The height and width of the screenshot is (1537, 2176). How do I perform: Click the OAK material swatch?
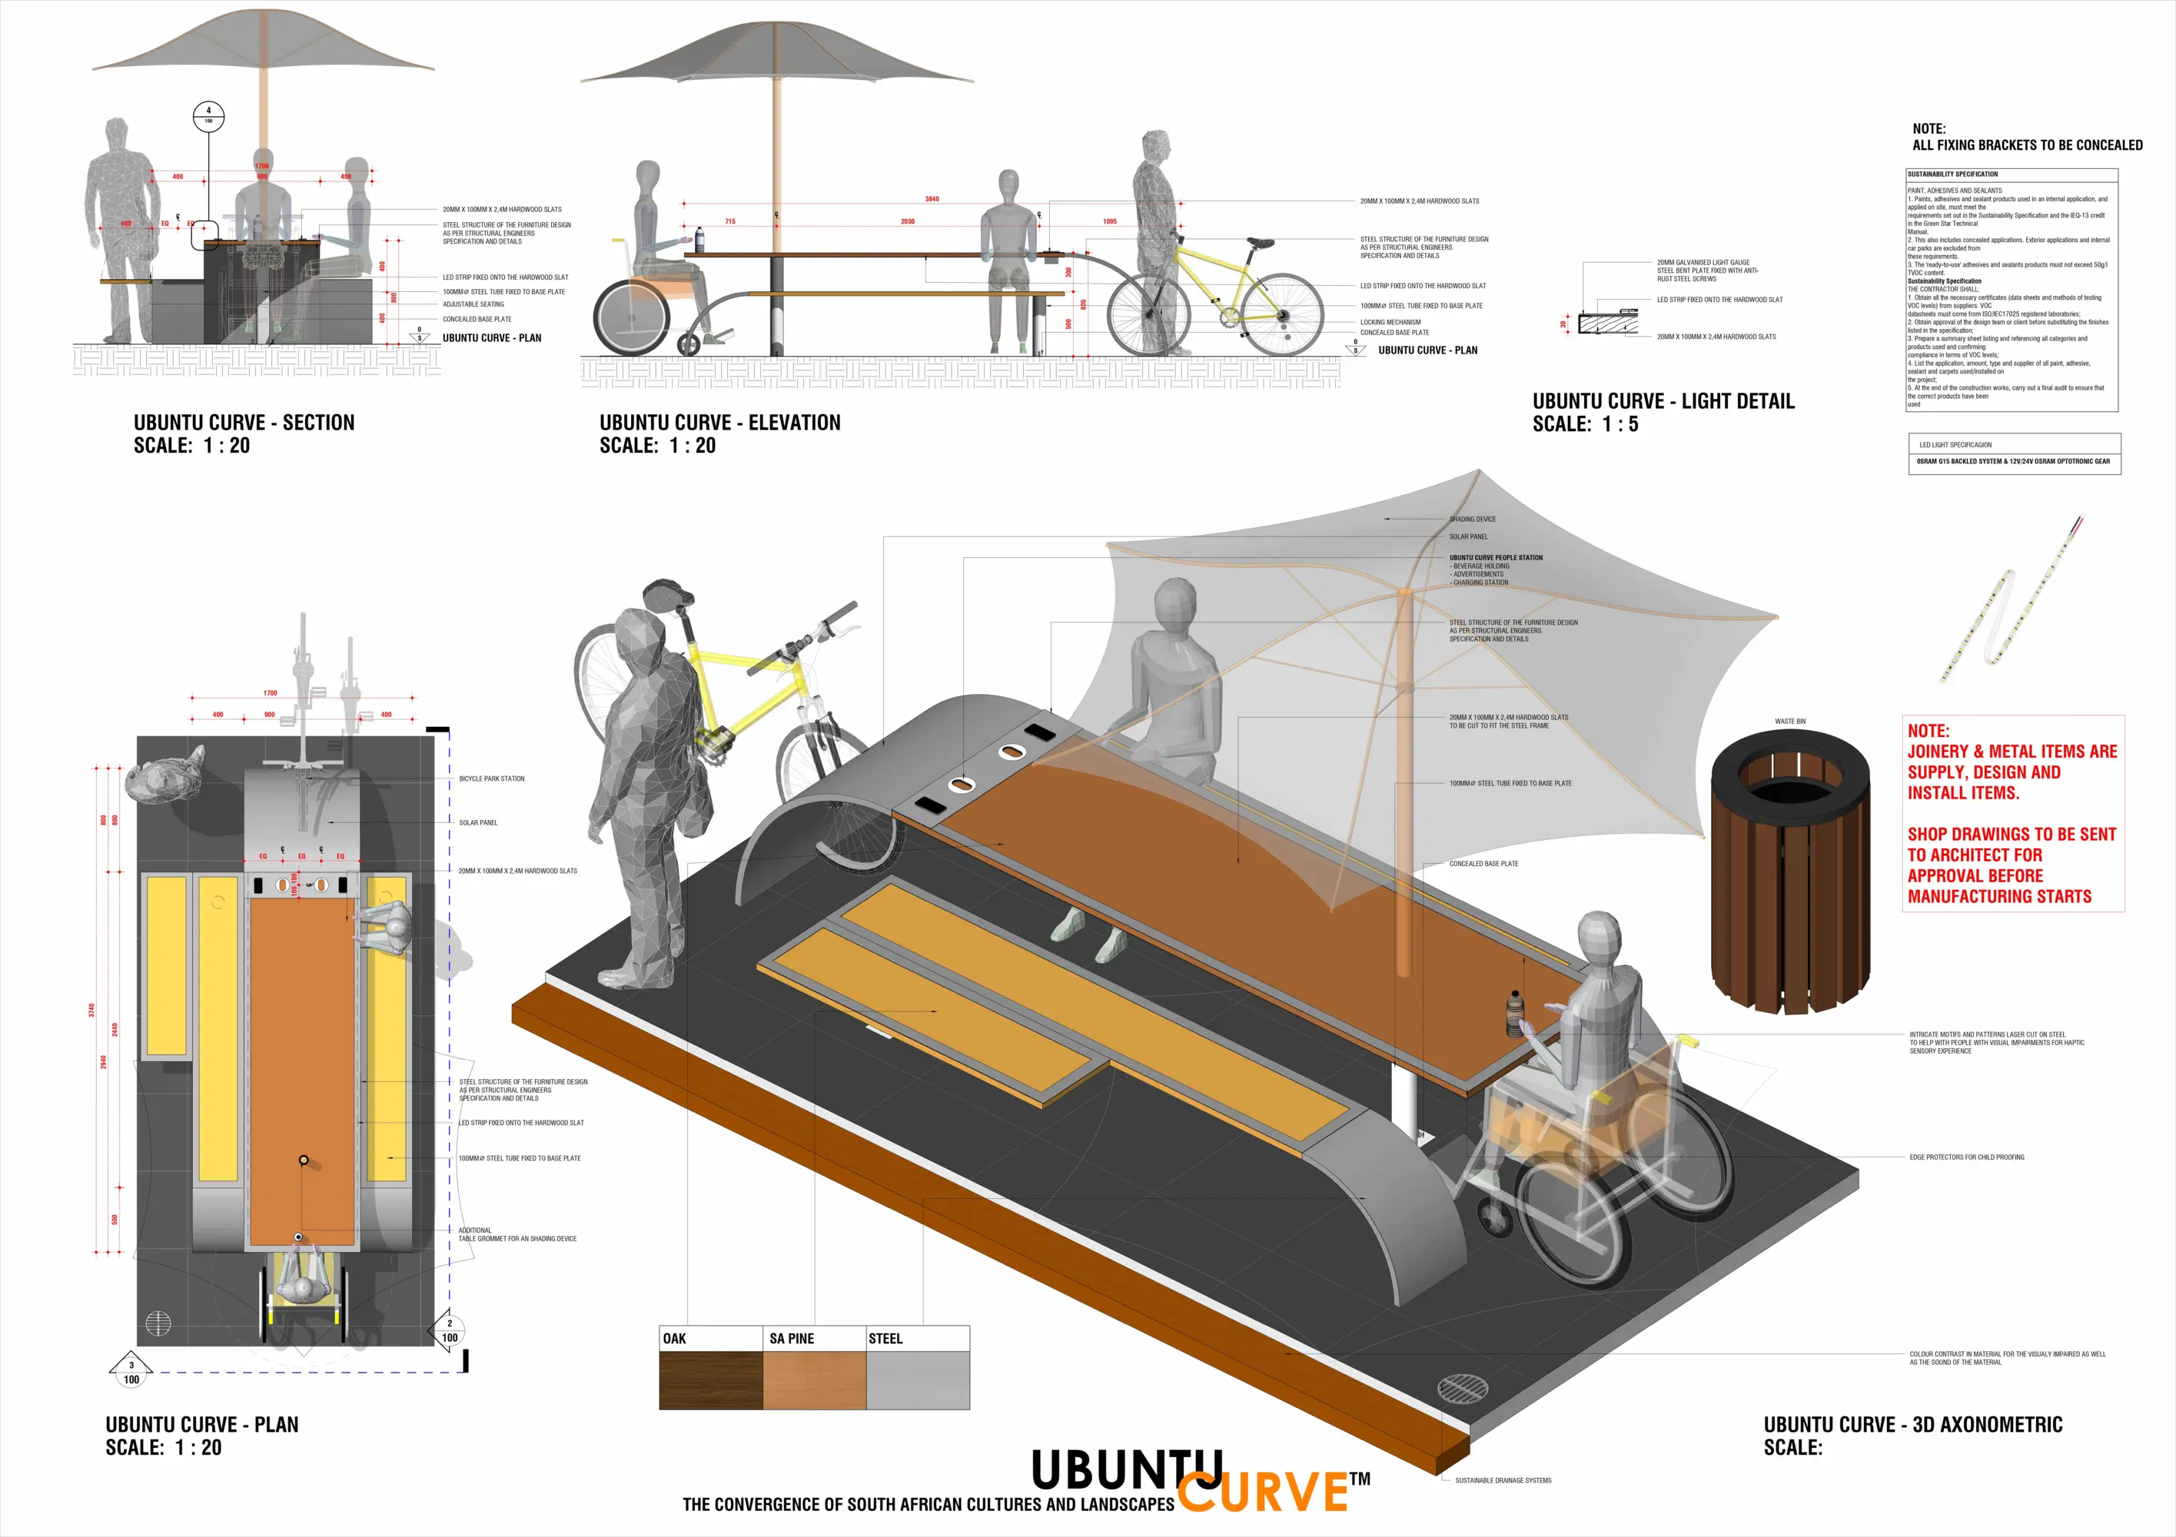coord(711,1379)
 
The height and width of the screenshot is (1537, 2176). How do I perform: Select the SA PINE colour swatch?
coord(814,1379)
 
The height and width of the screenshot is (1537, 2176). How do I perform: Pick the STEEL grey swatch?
coord(918,1379)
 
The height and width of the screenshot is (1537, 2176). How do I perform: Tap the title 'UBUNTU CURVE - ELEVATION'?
coord(719,423)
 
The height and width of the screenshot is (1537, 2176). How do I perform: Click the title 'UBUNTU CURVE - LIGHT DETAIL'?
coord(1663,402)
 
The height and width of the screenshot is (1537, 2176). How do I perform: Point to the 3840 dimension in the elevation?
coord(932,199)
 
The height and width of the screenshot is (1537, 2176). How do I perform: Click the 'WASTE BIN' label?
coord(1790,721)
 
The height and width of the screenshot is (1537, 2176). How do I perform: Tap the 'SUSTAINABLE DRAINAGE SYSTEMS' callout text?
coord(1503,1480)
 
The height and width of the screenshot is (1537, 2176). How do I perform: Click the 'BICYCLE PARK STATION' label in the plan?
coord(491,779)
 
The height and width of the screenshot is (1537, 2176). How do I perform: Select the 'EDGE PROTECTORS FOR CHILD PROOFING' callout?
coord(1967,1157)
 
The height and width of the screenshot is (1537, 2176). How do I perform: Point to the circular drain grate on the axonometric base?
coord(1463,1388)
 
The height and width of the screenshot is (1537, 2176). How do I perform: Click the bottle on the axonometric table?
coord(1513,1013)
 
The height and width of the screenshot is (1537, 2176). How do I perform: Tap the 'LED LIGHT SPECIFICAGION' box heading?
coord(1955,444)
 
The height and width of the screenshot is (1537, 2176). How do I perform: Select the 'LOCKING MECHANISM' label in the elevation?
coord(1390,322)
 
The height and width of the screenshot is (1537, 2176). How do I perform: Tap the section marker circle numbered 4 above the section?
coord(208,115)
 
